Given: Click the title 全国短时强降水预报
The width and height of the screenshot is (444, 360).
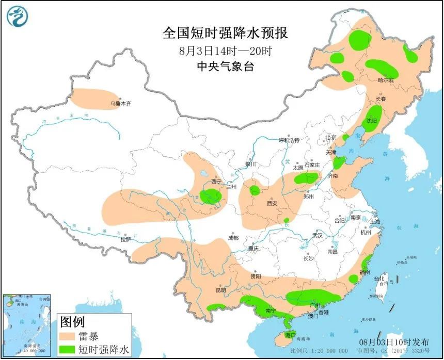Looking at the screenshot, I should (225, 34).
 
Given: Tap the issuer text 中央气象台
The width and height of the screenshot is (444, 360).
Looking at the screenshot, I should (225, 67).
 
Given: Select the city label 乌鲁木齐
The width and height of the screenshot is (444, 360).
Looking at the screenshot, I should (121, 104).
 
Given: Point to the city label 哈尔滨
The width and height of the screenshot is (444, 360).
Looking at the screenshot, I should (386, 80).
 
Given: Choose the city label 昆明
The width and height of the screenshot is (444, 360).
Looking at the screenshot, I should (220, 290).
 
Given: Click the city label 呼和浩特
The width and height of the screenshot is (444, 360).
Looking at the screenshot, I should (289, 140).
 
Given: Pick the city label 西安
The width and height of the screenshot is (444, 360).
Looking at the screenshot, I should (272, 203).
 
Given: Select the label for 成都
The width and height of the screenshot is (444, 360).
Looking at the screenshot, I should (233, 238).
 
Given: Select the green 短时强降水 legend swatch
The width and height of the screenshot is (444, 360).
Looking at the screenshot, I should (68, 350).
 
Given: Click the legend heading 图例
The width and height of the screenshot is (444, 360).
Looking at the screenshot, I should (72, 323).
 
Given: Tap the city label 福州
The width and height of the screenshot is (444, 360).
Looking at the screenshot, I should (365, 271).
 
